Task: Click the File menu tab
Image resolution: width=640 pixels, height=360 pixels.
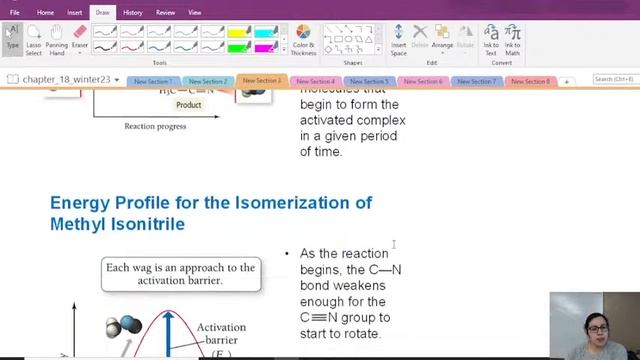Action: (14, 13)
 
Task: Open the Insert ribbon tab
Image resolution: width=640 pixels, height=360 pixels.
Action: (74, 13)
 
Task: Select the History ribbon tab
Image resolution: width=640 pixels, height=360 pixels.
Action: (132, 13)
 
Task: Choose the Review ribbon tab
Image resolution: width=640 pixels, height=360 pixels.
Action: (165, 13)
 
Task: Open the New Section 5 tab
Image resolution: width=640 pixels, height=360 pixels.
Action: (369, 81)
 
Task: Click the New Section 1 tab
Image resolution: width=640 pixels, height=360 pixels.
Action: (153, 81)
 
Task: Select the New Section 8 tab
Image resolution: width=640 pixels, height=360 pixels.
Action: (530, 81)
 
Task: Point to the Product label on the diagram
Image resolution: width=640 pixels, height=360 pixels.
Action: (188, 104)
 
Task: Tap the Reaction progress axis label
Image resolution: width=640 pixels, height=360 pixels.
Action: (155, 127)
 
